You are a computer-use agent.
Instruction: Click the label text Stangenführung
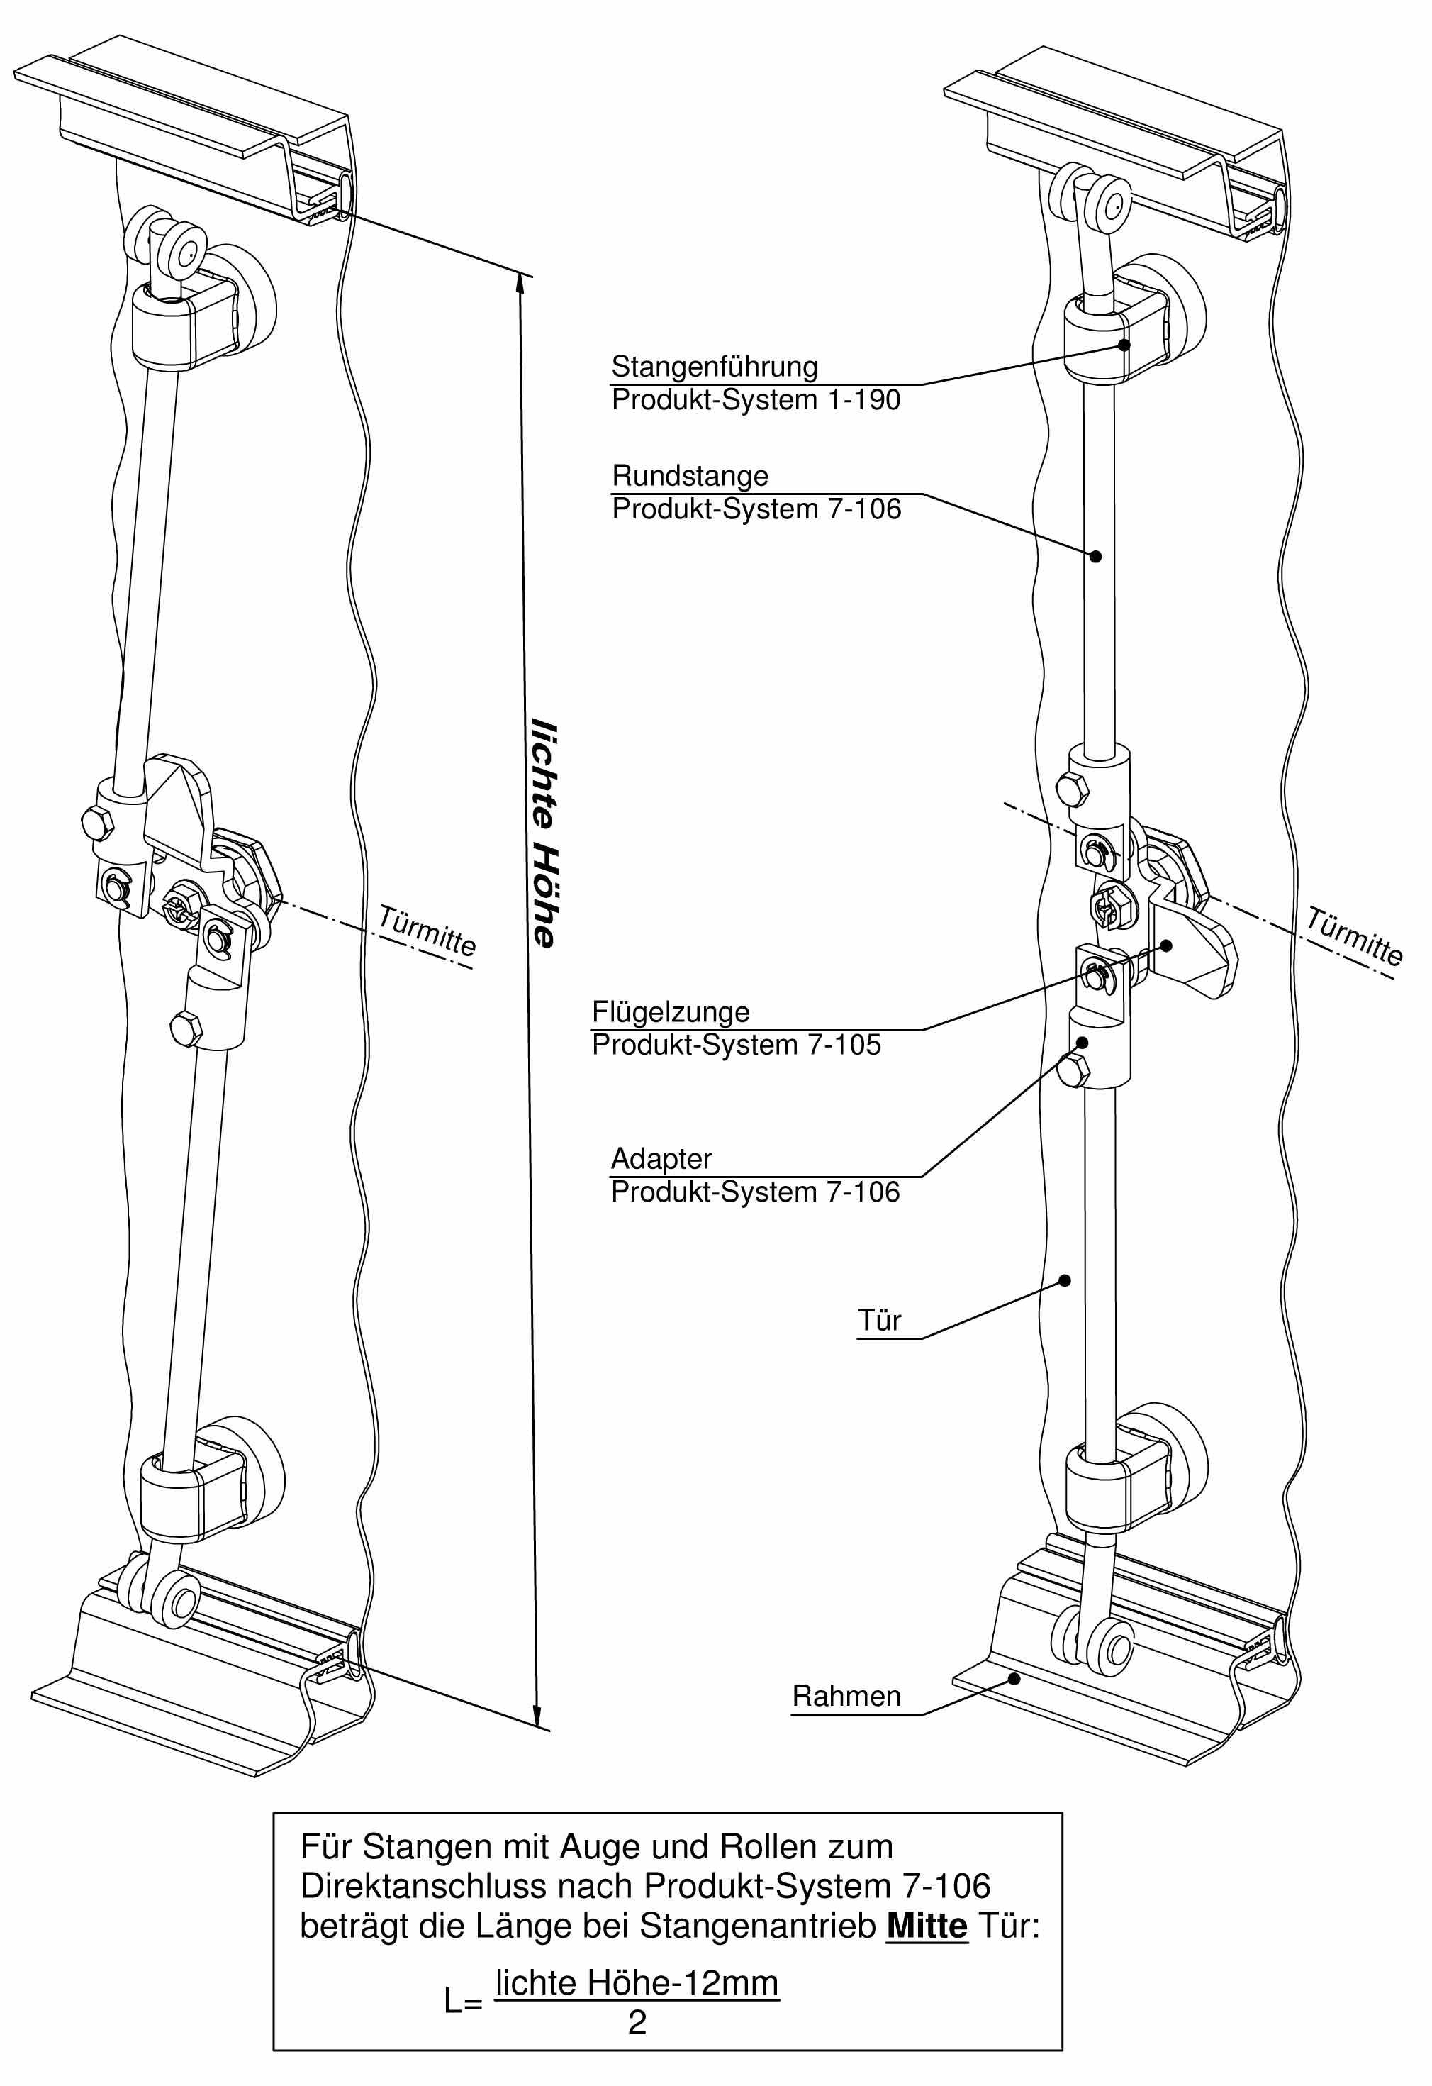click(714, 367)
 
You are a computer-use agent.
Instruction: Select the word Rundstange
click(690, 476)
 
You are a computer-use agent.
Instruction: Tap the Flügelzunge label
click(670, 1011)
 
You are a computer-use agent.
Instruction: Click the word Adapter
click(661, 1159)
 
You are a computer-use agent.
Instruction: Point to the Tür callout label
click(879, 1321)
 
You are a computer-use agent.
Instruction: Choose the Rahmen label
click(846, 1696)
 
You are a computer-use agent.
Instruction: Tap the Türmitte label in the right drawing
click(1354, 936)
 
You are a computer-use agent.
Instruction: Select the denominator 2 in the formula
click(637, 2021)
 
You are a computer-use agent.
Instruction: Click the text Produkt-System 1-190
click(756, 400)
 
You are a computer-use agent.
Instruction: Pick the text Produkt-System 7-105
click(737, 1045)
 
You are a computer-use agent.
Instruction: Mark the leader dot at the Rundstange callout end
click(1095, 557)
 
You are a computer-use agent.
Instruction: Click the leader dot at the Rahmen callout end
click(1014, 1678)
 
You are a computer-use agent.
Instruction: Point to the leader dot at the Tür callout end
click(1065, 1280)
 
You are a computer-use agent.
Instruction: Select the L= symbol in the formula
click(463, 2002)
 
